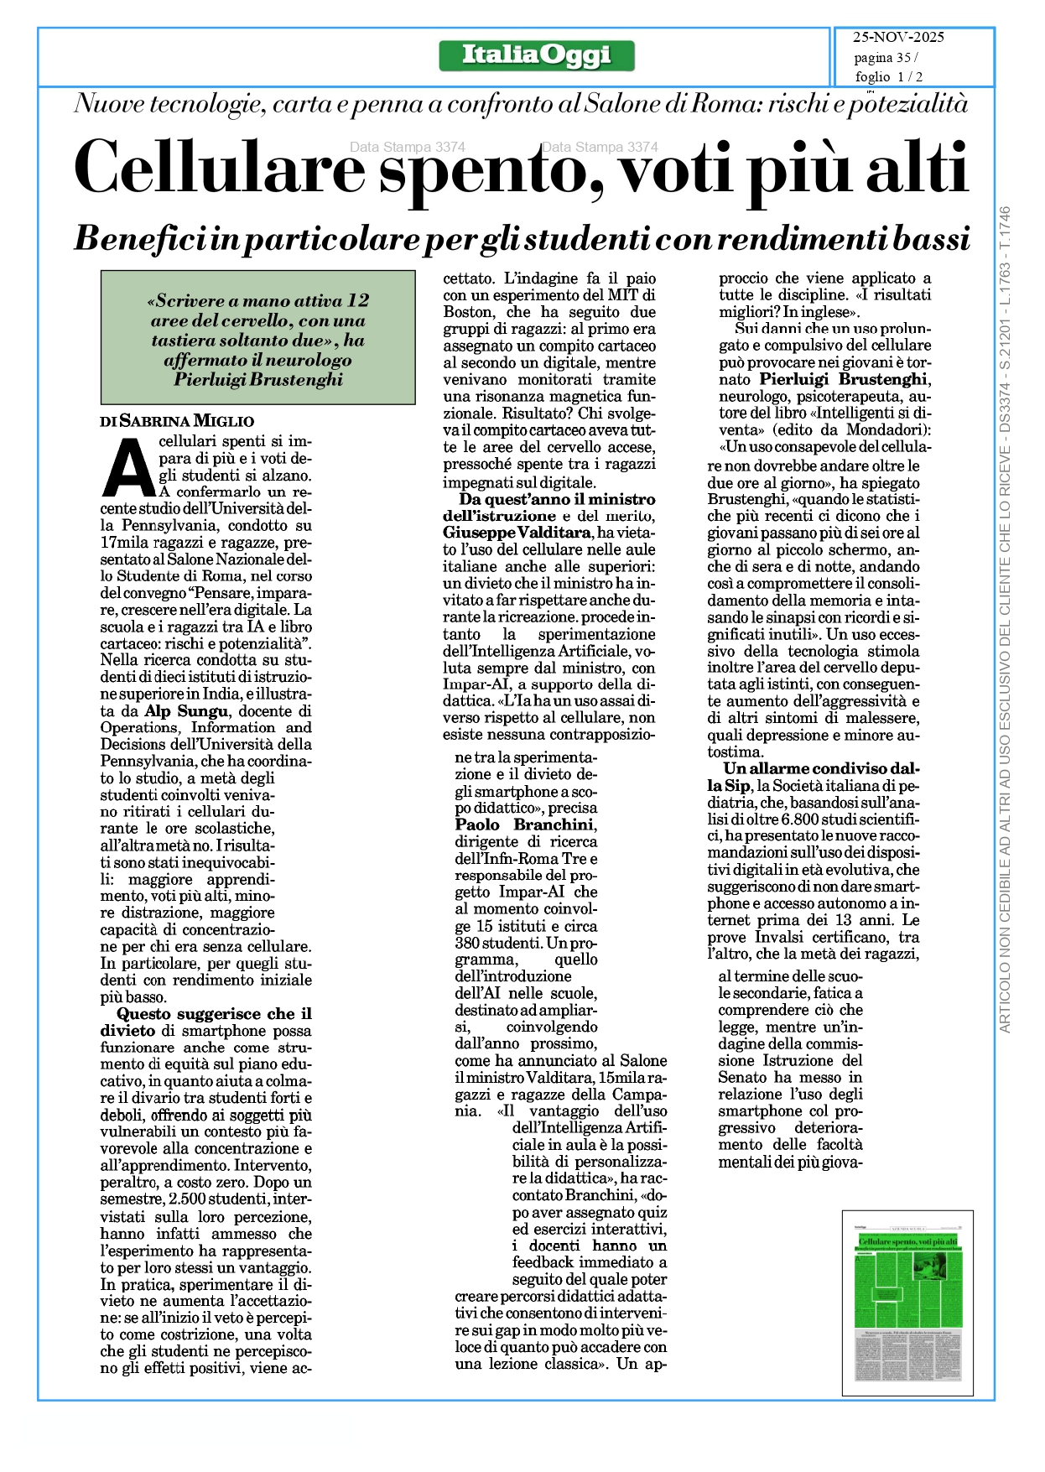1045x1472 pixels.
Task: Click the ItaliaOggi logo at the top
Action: coord(537,56)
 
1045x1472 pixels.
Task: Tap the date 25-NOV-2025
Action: coord(898,37)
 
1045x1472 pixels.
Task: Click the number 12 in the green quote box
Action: coord(358,300)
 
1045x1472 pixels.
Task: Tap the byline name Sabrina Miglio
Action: coord(187,421)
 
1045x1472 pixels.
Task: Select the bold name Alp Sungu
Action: coord(186,711)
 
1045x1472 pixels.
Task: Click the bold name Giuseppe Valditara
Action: coord(517,533)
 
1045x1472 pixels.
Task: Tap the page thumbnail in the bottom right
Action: coord(907,1304)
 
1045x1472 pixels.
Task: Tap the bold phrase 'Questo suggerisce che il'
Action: coord(214,1014)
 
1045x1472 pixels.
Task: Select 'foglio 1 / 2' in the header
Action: coord(889,77)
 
